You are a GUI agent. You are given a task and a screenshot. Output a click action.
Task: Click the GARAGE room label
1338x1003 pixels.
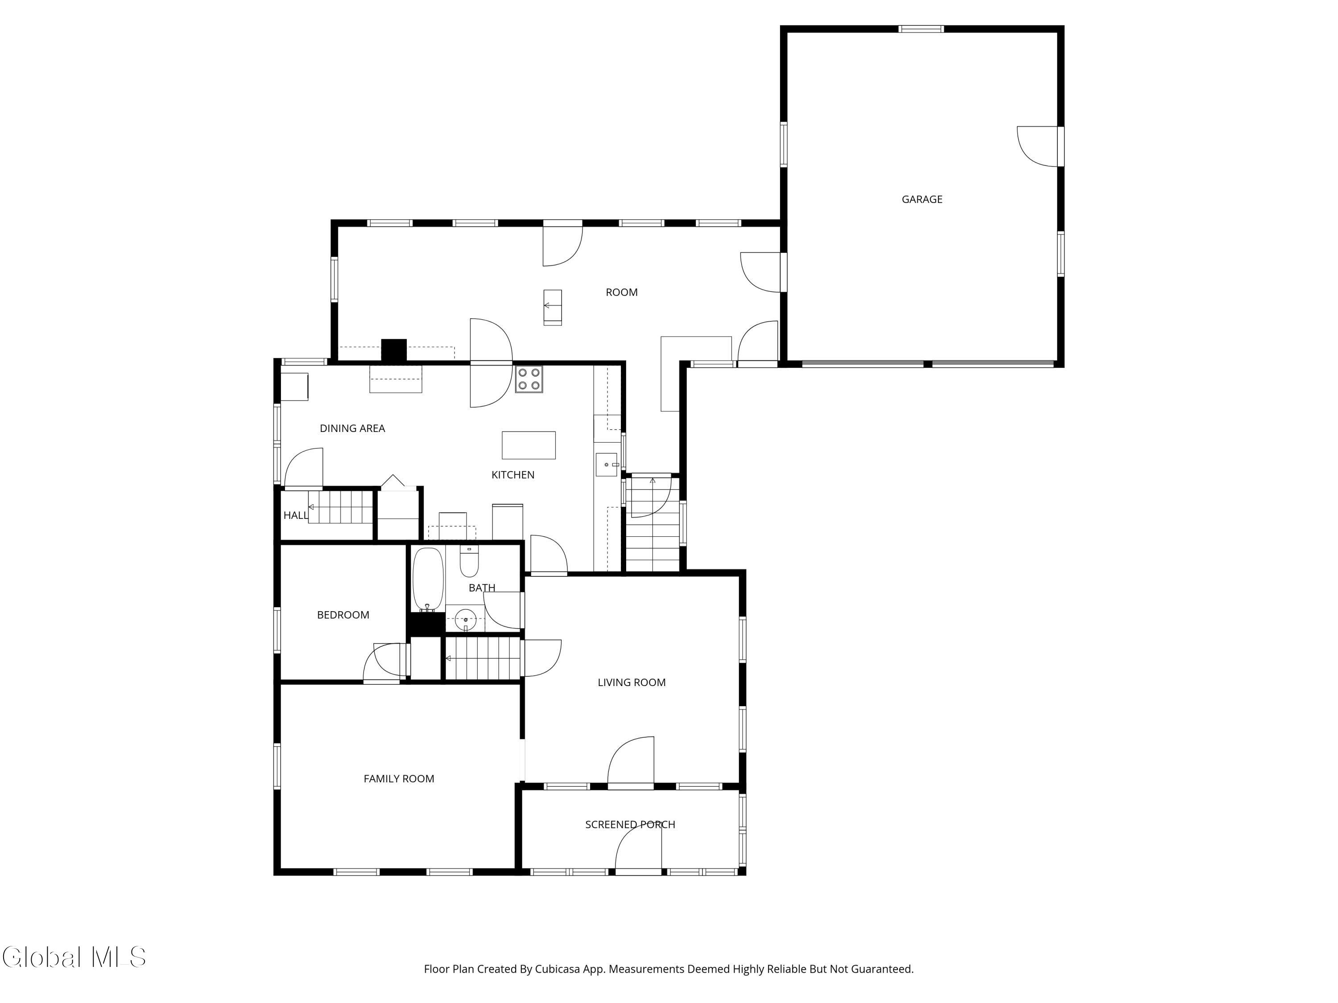pyautogui.click(x=921, y=200)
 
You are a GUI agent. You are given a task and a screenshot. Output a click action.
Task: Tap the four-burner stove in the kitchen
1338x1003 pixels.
pyautogui.click(x=529, y=379)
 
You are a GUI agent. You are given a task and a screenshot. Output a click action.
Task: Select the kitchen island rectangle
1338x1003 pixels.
pyautogui.click(x=528, y=445)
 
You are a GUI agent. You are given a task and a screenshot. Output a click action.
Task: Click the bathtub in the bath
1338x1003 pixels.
pyautogui.click(x=428, y=579)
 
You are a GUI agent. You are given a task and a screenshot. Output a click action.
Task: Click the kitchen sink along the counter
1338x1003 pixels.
pyautogui.click(x=606, y=465)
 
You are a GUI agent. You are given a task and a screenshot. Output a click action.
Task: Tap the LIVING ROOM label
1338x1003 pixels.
pyautogui.click(x=632, y=682)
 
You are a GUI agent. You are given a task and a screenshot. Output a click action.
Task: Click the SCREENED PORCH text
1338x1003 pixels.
pyautogui.click(x=630, y=825)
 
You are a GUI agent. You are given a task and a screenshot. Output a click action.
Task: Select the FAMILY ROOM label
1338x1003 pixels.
pyautogui.click(x=399, y=779)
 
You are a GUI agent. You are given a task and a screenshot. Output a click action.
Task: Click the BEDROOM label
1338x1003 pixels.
pyautogui.click(x=343, y=615)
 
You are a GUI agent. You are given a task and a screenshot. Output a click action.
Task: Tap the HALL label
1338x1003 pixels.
pyautogui.click(x=296, y=516)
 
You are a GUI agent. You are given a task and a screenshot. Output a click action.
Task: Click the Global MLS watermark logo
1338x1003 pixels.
pyautogui.click(x=74, y=957)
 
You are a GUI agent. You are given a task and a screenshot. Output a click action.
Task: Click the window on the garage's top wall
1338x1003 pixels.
pyautogui.click(x=921, y=29)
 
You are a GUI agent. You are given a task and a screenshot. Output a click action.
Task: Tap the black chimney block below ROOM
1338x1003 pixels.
pyautogui.click(x=394, y=351)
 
